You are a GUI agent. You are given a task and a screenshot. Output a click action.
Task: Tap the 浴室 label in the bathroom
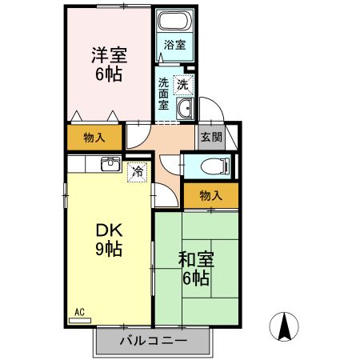tap(174, 46)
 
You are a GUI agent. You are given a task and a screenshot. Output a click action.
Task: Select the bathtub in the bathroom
tap(174, 22)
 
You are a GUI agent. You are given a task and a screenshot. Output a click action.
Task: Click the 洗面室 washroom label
tap(162, 93)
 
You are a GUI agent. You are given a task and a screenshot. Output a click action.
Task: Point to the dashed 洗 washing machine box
tap(183, 83)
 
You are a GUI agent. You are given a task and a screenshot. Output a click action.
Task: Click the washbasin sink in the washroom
tap(184, 110)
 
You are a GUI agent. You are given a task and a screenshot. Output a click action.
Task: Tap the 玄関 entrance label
tap(211, 137)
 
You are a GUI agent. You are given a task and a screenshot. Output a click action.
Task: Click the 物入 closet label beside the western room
tap(94, 138)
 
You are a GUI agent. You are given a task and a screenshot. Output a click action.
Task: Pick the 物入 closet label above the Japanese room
tap(210, 195)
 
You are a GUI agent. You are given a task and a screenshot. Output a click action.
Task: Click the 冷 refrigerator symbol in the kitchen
tap(138, 170)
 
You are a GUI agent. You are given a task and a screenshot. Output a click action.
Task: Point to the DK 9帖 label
tap(109, 238)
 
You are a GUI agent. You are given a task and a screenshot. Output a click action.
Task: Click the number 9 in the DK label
tap(102, 249)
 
